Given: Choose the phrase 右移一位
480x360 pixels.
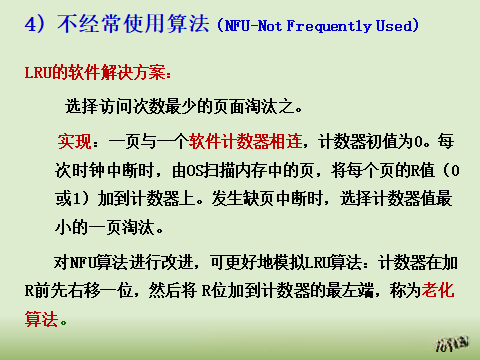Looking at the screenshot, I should (111, 294).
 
